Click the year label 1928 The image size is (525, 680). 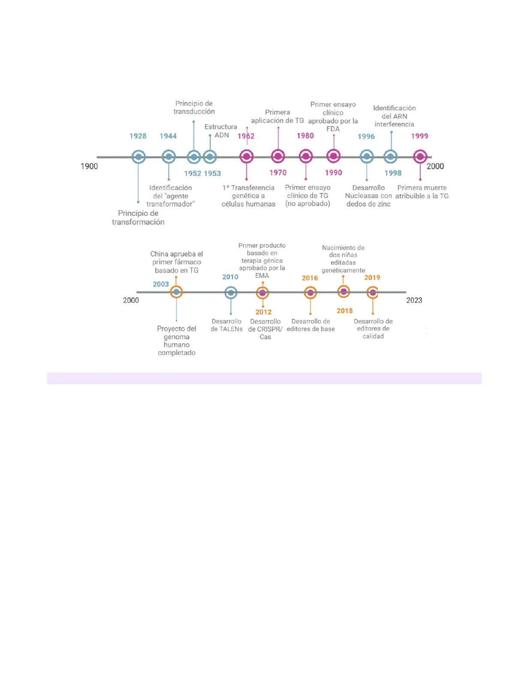(138, 136)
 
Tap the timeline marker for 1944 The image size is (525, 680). (169, 157)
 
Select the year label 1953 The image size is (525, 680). (212, 173)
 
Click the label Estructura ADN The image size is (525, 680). (221, 131)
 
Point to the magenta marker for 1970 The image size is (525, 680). (278, 156)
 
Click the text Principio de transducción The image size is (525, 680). (194, 107)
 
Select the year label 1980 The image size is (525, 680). (305, 136)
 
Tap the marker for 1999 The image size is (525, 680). (420, 157)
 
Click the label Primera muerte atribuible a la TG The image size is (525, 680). (422, 192)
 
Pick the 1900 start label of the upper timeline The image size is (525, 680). (89, 166)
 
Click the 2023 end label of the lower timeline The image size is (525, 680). (414, 300)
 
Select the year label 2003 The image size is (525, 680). (161, 284)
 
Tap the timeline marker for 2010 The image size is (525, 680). (231, 293)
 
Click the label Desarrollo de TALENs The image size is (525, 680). (226, 325)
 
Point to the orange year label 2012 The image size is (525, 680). (263, 312)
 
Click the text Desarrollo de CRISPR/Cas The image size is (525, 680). (265, 329)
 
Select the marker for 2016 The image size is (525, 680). (310, 293)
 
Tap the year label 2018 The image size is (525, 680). (344, 311)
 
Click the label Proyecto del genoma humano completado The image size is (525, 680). (176, 340)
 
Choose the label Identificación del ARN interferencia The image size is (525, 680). (394, 116)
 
